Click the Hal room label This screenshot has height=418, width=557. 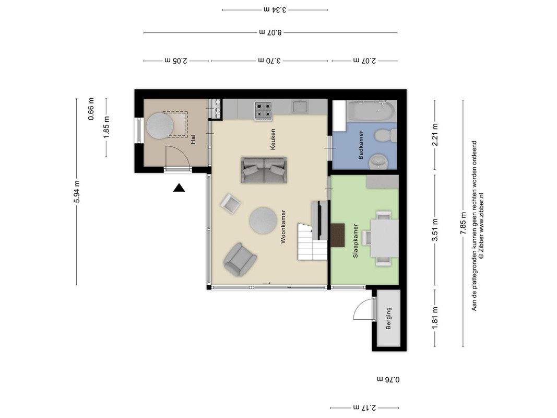point(193,139)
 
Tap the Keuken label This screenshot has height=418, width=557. point(273,139)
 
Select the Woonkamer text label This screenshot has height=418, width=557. point(283,226)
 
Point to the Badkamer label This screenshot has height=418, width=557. point(361,145)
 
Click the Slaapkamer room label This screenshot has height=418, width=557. point(355,241)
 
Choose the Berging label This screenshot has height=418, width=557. point(388,318)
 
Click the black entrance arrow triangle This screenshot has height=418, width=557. point(179,188)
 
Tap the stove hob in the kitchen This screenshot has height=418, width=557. point(263,111)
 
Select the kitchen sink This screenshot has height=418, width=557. point(301,106)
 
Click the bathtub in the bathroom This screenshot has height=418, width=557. point(371,111)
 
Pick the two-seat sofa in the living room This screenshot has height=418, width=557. point(264,170)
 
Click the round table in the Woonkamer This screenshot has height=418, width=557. point(263,220)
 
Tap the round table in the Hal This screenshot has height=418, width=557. point(160,126)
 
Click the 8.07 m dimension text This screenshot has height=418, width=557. point(270,32)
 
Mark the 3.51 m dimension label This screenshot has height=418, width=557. point(435,230)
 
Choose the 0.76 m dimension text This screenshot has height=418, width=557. point(388,379)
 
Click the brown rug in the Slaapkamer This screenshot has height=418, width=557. point(338,235)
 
